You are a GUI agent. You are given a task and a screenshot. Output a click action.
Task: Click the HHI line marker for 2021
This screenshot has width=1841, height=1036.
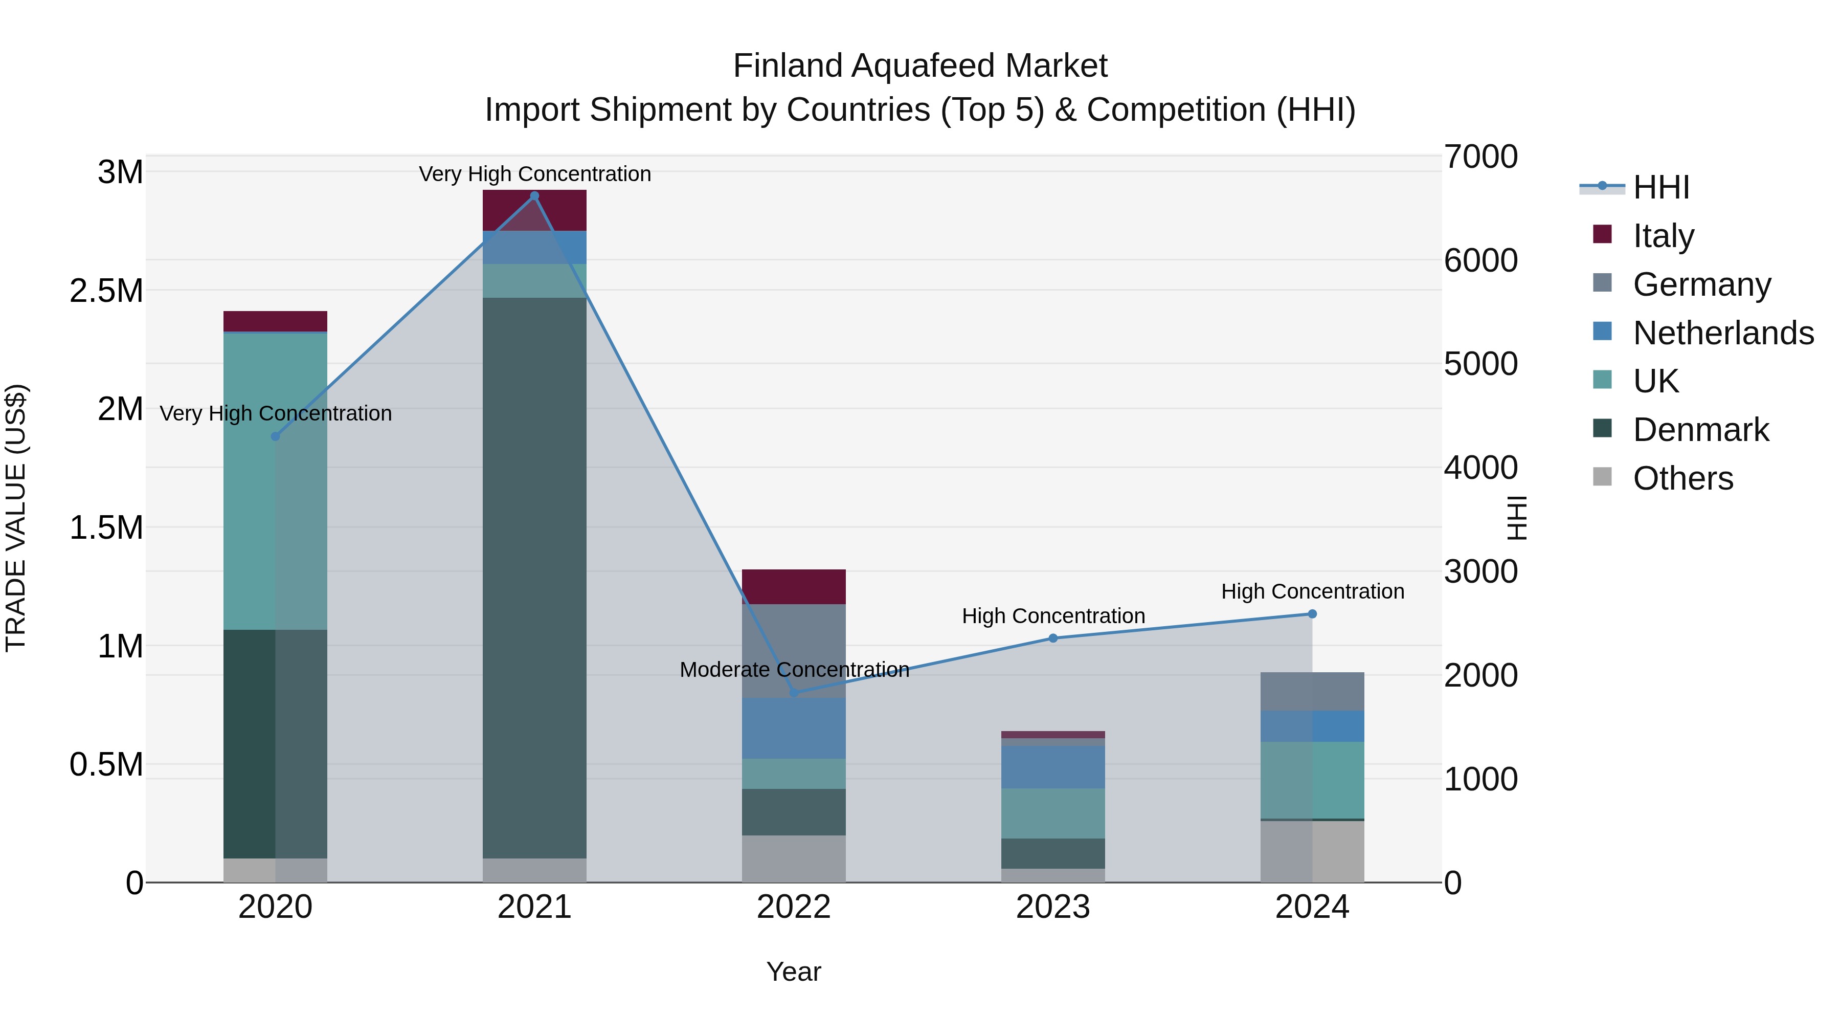coord(534,196)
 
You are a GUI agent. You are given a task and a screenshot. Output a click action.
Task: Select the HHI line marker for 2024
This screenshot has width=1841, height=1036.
coord(1312,613)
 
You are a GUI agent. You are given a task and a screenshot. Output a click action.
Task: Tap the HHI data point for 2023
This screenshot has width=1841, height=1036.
coord(1053,638)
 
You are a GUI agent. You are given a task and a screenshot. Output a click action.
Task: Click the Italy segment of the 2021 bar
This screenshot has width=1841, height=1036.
coord(534,210)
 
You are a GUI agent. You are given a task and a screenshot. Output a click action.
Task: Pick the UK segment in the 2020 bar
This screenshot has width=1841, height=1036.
coord(275,480)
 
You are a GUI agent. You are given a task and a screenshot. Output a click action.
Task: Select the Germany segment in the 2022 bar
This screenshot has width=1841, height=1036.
coord(793,651)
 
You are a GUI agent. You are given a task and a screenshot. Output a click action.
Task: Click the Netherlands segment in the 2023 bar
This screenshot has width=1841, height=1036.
coord(1053,767)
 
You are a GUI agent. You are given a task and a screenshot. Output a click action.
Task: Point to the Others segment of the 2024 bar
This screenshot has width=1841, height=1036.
coord(1312,851)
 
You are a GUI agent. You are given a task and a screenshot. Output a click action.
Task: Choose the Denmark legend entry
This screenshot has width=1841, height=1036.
coord(1700,430)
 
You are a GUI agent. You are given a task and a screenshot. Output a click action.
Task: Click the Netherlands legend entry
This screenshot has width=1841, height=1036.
coord(1722,333)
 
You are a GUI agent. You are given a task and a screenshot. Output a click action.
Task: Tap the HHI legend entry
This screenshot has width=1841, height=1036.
coord(1660,187)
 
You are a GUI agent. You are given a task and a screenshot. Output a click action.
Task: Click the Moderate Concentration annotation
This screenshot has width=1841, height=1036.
coord(794,670)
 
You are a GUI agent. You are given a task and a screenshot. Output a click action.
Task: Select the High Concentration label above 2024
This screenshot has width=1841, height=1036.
coord(1312,591)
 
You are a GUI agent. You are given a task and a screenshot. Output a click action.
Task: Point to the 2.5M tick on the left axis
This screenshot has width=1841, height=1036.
coord(106,291)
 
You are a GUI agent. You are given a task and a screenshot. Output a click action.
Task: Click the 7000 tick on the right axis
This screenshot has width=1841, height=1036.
coord(1480,157)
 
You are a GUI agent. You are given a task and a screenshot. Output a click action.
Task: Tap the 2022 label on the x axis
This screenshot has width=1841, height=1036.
coord(793,907)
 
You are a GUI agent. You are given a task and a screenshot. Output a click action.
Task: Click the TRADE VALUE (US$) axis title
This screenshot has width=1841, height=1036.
coord(16,518)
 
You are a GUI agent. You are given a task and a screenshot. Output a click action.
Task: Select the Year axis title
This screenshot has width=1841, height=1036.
coord(793,972)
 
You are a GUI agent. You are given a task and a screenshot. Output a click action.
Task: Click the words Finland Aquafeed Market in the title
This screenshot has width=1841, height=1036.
coord(920,66)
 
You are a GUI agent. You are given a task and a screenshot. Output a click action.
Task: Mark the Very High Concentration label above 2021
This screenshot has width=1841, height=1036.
coord(534,174)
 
